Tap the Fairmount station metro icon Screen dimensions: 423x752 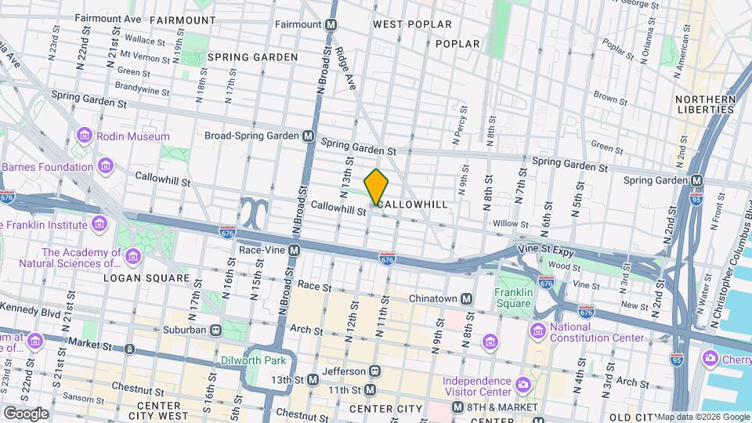(331, 25)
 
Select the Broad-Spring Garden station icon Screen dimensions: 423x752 (309, 136)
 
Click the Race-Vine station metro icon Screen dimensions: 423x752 (295, 251)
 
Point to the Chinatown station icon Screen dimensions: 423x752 (466, 298)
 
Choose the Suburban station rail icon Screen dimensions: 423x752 (215, 329)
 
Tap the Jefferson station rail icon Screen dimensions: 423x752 (375, 371)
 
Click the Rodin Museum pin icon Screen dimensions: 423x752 (85, 136)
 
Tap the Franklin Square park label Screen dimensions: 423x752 (513, 298)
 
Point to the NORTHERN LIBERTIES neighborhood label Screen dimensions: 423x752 (705, 104)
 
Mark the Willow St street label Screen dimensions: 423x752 (511, 224)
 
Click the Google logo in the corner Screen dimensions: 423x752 (26, 413)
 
